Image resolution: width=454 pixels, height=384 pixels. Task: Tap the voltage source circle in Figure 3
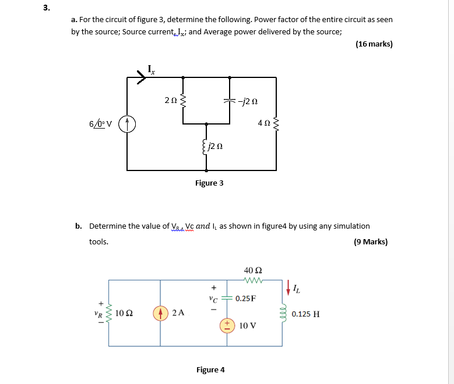click(x=127, y=123)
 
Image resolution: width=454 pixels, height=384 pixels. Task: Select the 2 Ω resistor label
click(x=170, y=101)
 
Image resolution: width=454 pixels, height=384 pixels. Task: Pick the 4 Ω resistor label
click(x=264, y=123)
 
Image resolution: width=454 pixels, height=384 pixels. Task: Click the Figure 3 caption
click(x=209, y=183)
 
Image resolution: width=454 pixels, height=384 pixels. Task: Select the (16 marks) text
click(x=374, y=44)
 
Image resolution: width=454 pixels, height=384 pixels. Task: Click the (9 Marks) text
click(x=370, y=241)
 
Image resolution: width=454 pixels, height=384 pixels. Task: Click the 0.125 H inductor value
click(x=305, y=314)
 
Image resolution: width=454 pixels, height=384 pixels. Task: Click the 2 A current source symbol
click(x=161, y=313)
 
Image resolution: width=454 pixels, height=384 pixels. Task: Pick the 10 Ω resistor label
click(x=123, y=313)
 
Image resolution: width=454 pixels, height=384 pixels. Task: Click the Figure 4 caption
click(x=210, y=370)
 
